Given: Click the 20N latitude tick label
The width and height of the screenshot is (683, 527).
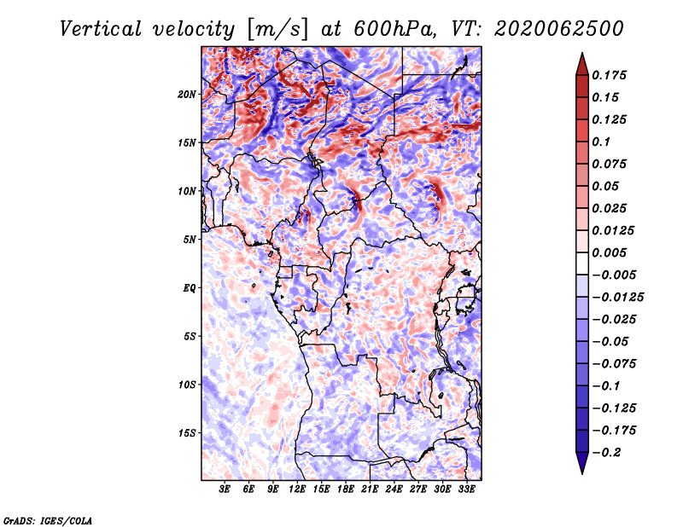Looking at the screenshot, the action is point(187,95).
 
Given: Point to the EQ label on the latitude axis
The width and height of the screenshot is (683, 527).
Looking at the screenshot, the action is point(190,288).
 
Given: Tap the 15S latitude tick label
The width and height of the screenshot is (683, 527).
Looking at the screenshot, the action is point(187,433).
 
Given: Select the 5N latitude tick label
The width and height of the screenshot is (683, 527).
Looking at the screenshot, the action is point(190,240).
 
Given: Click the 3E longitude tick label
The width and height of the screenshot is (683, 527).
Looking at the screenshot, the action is point(225,489).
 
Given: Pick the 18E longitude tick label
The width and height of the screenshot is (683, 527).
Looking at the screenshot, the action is point(346,489).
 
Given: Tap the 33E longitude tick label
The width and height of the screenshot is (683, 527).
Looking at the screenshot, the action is point(466,489).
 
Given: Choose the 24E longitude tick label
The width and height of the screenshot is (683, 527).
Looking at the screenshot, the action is point(394,489).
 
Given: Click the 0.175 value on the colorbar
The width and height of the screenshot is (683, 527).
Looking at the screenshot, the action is point(609,75).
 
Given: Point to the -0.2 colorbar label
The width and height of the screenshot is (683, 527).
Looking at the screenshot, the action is point(606,453).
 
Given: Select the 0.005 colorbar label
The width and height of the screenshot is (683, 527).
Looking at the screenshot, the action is point(609,252).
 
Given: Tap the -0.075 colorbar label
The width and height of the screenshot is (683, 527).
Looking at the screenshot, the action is point(614,364).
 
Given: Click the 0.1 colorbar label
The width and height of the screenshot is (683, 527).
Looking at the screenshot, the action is point(601,142).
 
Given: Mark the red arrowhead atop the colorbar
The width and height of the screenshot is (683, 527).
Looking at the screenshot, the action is point(582,64).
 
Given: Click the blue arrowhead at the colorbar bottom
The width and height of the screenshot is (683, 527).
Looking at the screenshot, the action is point(582,463).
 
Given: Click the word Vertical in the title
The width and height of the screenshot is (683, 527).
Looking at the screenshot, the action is point(101,29).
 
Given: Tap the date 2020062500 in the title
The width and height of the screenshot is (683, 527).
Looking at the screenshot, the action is point(559,29).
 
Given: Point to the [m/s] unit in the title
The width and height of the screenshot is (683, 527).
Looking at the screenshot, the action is point(277,30).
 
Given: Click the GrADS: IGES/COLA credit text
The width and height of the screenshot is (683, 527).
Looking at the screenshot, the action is point(48,520).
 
